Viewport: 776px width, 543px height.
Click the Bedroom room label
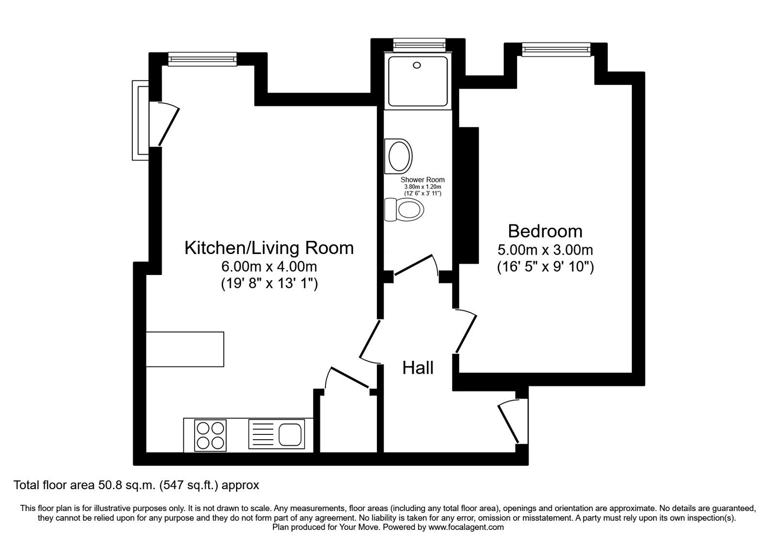click(x=545, y=231)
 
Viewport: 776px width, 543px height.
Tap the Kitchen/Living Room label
click(x=269, y=248)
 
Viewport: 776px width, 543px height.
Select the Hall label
click(x=418, y=368)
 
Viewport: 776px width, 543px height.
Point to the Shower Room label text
click(x=422, y=180)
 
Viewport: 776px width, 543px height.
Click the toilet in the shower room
click(x=404, y=209)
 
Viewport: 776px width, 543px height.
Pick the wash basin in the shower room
click(x=399, y=156)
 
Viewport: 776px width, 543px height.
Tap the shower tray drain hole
click(x=417, y=65)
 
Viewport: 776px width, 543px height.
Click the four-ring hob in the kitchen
click(x=210, y=435)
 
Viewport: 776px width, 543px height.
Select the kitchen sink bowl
click(x=290, y=434)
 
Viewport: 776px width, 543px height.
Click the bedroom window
click(x=556, y=49)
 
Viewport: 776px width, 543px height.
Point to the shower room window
click(x=419, y=45)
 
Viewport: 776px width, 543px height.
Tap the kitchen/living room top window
click(x=203, y=59)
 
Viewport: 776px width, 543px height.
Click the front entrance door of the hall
click(x=508, y=424)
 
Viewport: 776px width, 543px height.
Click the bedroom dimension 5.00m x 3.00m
click(x=545, y=250)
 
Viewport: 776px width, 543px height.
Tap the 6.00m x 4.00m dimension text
click(x=269, y=267)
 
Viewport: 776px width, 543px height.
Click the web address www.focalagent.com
click(x=466, y=527)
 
